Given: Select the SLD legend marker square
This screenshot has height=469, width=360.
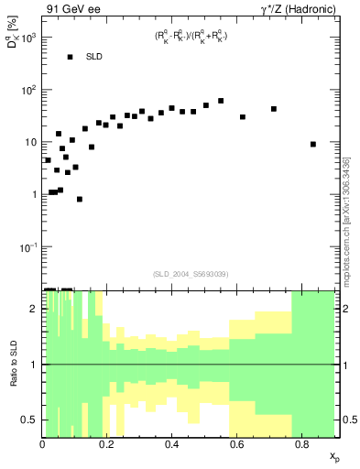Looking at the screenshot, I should coord(70,57).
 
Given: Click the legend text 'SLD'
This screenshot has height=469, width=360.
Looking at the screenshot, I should coord(94,57).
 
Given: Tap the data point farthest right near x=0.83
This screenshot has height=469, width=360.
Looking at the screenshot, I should coord(313,144).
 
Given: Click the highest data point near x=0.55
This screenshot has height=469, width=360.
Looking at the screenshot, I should coord(221,101).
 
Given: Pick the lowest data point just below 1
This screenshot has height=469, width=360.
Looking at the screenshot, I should coord(80,199).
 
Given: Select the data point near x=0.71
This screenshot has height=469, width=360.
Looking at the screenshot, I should coord(274,109).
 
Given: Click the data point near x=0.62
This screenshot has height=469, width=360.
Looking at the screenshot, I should coord(243,117).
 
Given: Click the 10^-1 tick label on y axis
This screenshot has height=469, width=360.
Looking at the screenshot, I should coord(27,247).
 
